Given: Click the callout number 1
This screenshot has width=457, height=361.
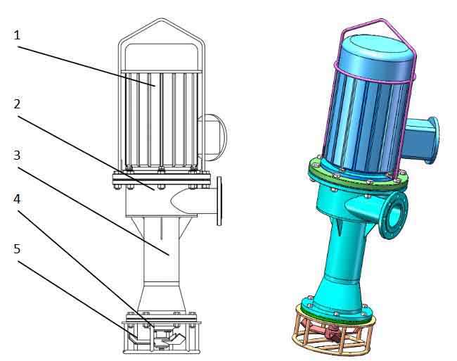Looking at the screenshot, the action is (17, 36).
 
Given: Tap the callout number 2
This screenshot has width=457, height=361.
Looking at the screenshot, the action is (17, 104).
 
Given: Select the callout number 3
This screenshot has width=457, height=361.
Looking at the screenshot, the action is (17, 155).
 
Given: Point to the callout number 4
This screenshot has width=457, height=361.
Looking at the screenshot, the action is (17, 199).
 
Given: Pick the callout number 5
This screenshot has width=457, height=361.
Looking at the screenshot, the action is (17, 249).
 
